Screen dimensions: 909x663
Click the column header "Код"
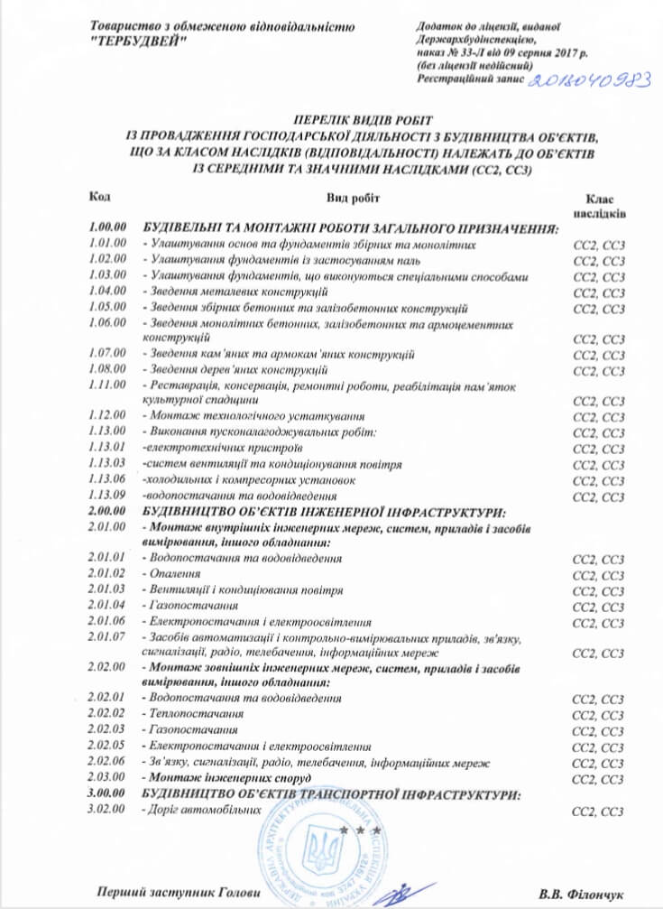pos(100,196)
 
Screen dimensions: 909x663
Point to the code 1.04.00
pos(107,292)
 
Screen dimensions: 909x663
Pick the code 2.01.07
pos(107,637)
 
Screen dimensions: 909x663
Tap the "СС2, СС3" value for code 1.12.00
pos(599,417)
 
